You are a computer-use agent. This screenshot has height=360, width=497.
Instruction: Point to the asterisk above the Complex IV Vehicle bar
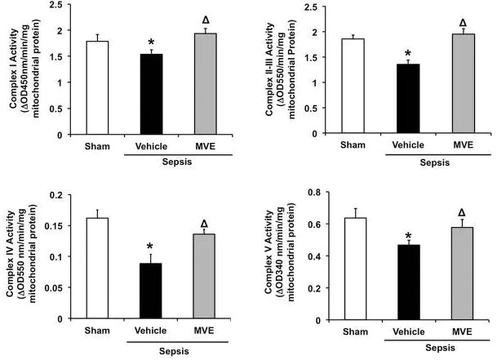pyautogui.click(x=151, y=247)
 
